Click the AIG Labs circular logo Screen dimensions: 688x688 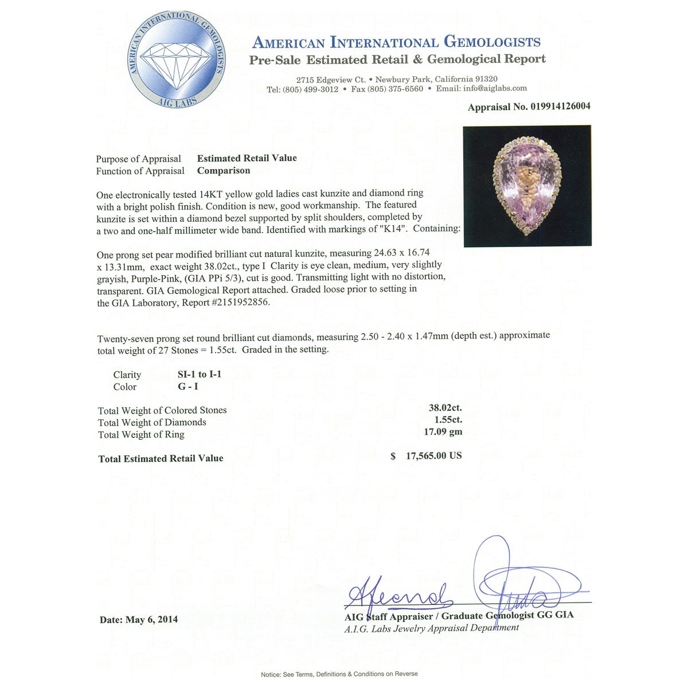tap(177, 62)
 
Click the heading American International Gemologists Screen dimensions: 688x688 tap(396, 42)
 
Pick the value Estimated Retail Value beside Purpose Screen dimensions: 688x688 tap(247, 158)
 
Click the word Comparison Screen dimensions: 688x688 tap(224, 170)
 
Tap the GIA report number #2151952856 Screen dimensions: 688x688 tap(240, 303)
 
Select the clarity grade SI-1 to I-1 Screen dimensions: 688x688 tap(200, 374)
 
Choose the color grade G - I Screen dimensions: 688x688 tap(188, 386)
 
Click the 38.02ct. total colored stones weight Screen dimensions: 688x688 tap(445, 408)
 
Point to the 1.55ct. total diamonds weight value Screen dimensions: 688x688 tap(448, 420)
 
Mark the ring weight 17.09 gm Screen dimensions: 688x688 tap(443, 432)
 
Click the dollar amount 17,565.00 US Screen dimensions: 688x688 tap(433, 456)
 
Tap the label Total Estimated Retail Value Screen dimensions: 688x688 tap(161, 459)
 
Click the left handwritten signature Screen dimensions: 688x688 tap(398, 596)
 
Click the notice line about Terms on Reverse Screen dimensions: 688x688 tap(339, 674)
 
